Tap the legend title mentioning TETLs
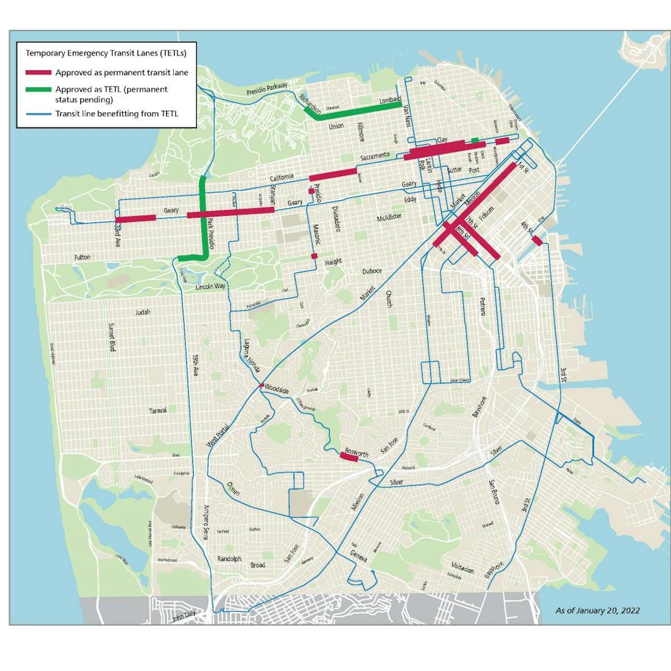point(106,54)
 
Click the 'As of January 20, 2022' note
point(597,611)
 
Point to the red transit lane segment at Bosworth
point(349,457)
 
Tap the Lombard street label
point(390,101)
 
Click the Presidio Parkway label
point(267,89)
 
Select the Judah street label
point(143,312)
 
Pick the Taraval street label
point(158,410)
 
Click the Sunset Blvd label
point(111,337)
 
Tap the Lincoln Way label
point(210,286)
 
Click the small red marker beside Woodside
point(261,385)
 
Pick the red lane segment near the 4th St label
point(536,240)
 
